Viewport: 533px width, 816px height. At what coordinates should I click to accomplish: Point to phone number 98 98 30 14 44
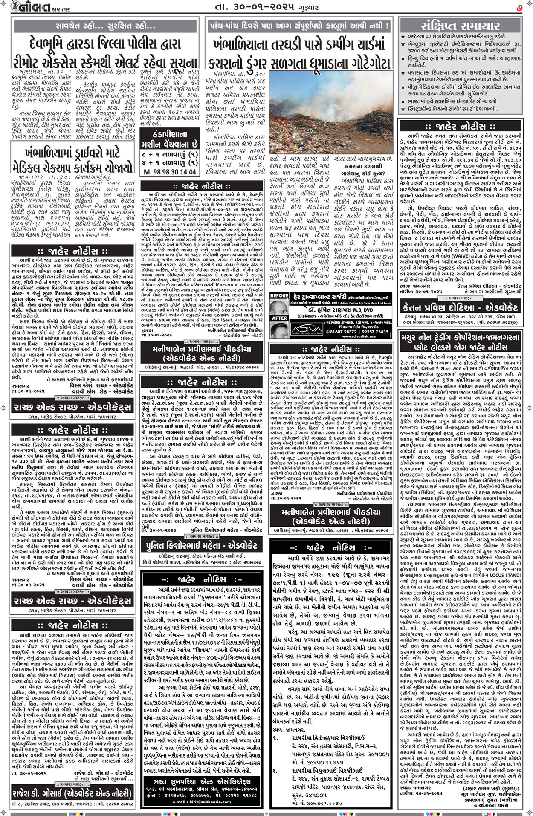tap(170, 171)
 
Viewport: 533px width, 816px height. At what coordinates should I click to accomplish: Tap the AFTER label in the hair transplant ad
tap(279, 318)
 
